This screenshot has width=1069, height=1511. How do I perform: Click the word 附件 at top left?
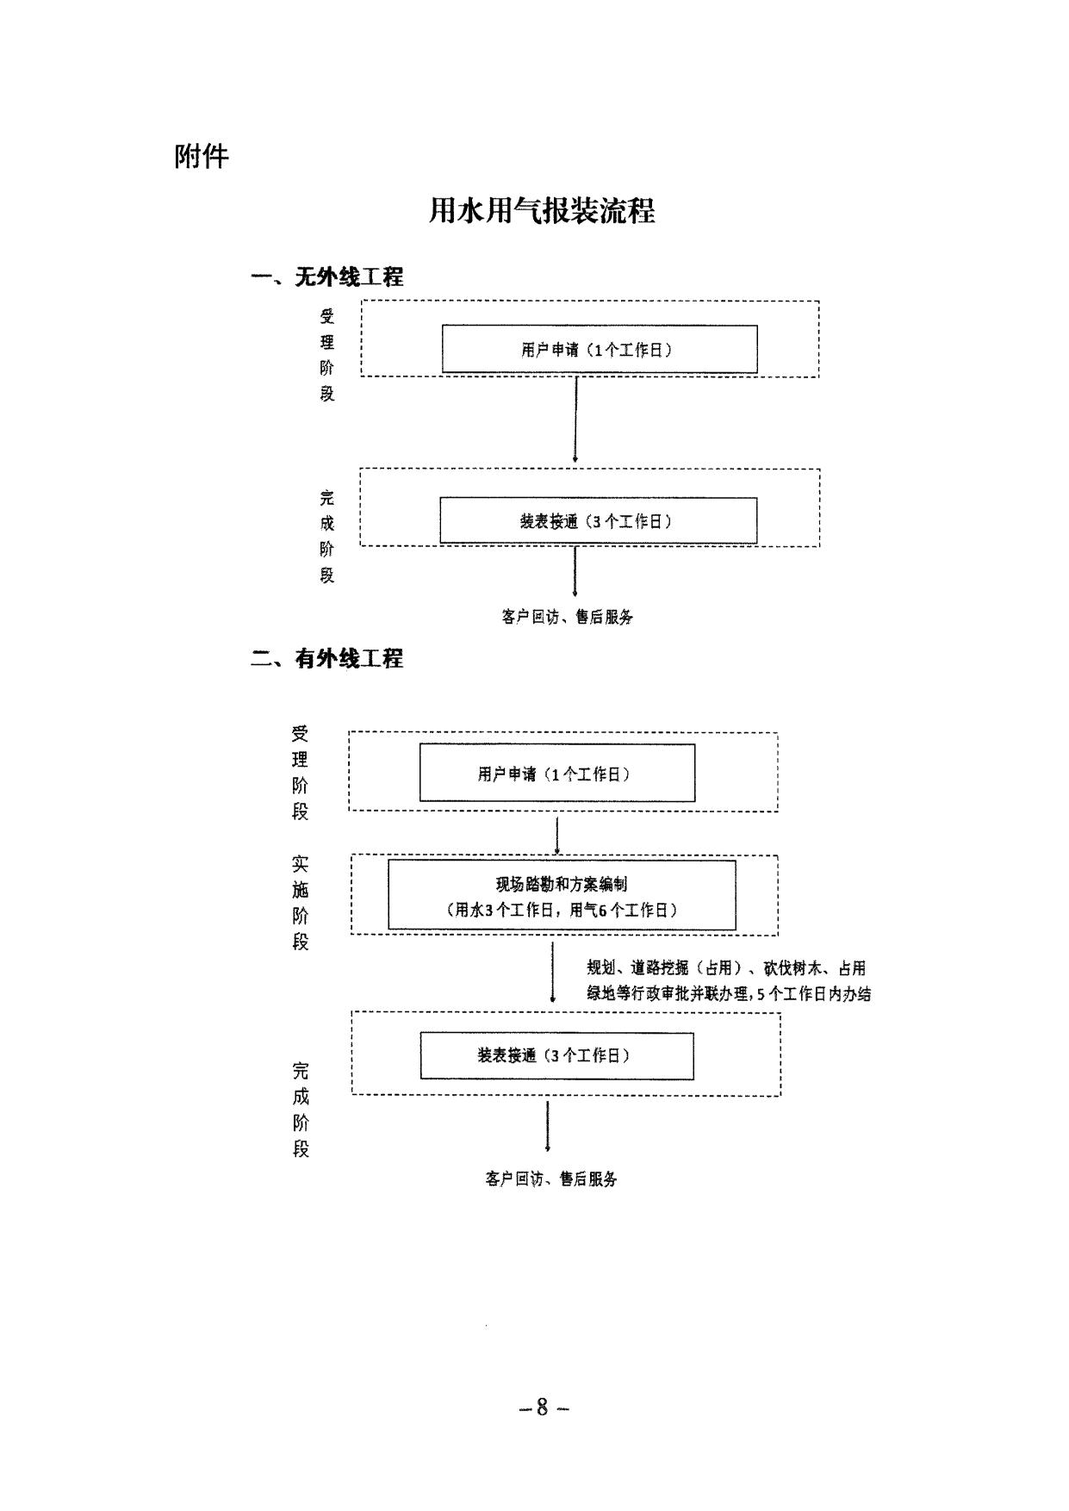(202, 157)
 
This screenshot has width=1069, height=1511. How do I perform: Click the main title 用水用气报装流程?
(542, 211)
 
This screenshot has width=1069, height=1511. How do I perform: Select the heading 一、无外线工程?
(327, 277)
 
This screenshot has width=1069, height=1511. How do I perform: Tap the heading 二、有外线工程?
(327, 659)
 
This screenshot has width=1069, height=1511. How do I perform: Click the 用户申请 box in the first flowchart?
(600, 349)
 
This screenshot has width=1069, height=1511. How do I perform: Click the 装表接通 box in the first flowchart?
(598, 520)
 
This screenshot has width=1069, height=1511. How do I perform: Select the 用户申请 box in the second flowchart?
(556, 774)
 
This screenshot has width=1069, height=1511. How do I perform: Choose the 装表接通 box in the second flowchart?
(556, 1055)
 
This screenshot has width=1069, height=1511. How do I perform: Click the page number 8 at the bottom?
(543, 1407)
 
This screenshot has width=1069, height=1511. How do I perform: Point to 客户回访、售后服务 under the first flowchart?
(567, 617)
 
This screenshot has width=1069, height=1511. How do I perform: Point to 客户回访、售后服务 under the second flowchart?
(551, 1179)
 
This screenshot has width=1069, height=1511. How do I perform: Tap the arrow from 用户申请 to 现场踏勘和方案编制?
(558, 833)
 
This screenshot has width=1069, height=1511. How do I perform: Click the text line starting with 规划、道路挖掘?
(725, 968)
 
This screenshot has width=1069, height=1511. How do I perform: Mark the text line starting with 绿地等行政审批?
(729, 994)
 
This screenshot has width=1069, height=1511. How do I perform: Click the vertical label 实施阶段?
(300, 902)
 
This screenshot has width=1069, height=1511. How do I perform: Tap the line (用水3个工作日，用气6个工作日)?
(562, 910)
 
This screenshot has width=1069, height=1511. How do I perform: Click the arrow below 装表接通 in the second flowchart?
(548, 1125)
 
